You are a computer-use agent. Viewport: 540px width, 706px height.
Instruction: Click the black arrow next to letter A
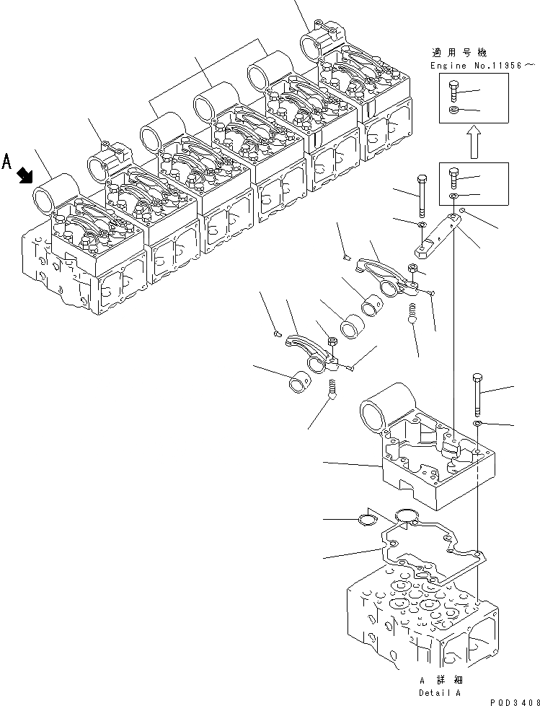tap(26, 174)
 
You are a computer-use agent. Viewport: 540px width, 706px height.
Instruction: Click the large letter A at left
tap(7, 160)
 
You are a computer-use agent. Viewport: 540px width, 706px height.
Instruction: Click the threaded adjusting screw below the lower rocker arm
tap(333, 391)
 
